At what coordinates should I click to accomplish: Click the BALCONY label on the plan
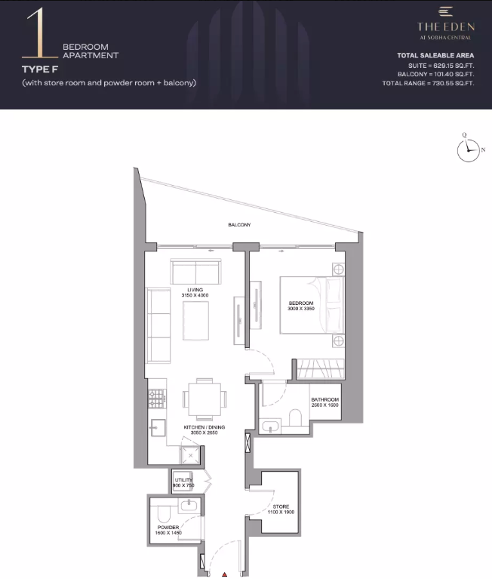coord(239,224)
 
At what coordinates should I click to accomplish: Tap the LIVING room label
coord(195,290)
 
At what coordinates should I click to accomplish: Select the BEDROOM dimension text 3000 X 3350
coord(301,309)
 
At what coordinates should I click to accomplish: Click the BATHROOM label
coord(324,399)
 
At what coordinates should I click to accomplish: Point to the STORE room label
coord(281,507)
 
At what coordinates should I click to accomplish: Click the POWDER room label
coord(168,528)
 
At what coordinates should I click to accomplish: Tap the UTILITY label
coord(183,480)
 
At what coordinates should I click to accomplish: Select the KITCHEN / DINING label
coord(204,427)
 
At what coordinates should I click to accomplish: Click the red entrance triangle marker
coord(224,574)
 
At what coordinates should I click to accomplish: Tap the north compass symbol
coord(469,149)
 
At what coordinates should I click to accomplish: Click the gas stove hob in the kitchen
coord(157,399)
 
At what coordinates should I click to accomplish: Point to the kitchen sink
coord(158,427)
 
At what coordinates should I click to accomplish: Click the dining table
coord(204,399)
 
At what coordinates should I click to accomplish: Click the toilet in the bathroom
coord(295,417)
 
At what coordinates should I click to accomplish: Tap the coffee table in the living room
coord(195,321)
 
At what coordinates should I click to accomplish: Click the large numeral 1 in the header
coord(40,33)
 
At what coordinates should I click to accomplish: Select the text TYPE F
coord(40,69)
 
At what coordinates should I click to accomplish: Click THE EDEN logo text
coord(446,26)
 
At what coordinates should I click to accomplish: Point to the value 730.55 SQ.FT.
coord(453,84)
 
